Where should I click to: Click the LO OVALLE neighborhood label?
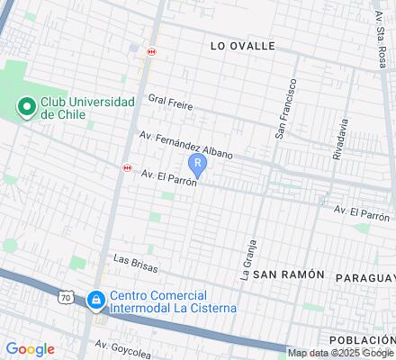tap(241, 45)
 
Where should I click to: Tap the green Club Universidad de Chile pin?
tap(26, 108)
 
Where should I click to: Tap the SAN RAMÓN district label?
tap(288, 274)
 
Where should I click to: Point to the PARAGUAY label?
tap(365, 277)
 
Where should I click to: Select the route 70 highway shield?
tap(67, 296)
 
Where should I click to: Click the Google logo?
tap(30, 349)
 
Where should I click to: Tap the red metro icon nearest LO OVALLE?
tap(151, 51)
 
